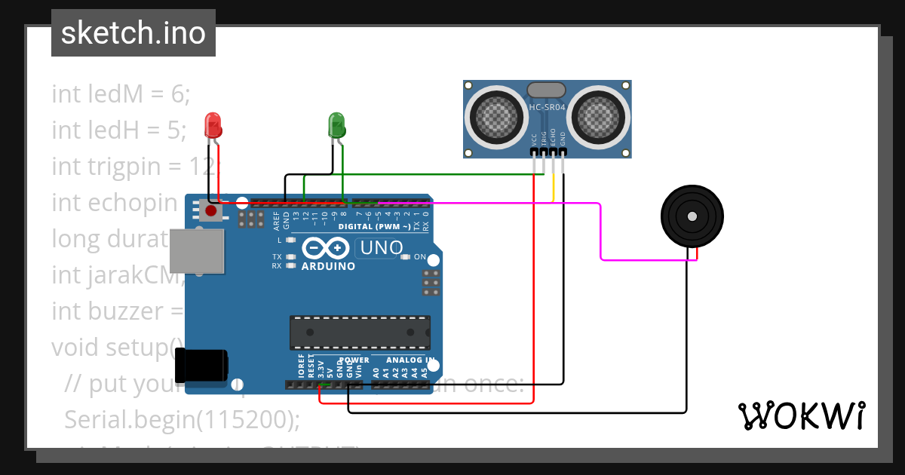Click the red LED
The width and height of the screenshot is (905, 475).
point(213,124)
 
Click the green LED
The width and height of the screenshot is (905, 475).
point(336,124)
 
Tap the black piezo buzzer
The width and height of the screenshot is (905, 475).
point(691,216)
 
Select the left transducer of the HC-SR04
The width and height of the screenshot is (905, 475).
point(495,116)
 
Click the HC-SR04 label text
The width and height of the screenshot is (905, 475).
point(547,108)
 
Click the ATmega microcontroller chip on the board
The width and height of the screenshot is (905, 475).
point(360,332)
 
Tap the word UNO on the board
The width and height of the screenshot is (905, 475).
point(382,247)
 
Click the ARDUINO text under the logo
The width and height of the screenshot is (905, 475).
point(328,266)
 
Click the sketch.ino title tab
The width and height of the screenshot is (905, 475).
point(133,33)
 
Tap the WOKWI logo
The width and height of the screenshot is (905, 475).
point(801,416)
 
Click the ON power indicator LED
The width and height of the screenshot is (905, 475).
point(406,257)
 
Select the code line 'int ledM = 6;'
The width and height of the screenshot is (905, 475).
point(121,94)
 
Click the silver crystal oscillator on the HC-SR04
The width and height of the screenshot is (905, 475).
point(546,90)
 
